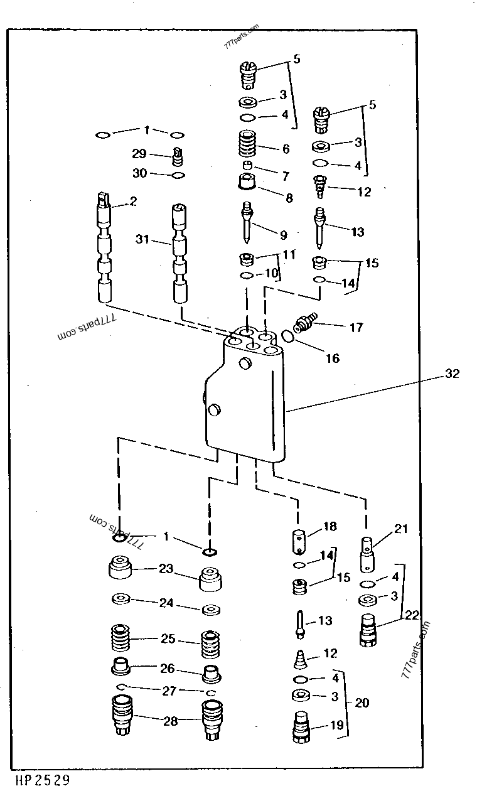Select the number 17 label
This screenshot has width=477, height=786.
click(356, 328)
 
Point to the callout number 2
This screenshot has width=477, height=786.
click(133, 202)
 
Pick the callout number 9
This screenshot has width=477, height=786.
click(283, 235)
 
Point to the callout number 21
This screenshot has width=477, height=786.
click(401, 529)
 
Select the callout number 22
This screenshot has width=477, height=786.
click(412, 616)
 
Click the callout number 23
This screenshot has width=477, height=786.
click(165, 569)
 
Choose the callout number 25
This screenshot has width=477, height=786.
click(168, 639)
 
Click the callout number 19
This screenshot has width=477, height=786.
click(337, 725)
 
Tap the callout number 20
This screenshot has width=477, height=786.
click(362, 703)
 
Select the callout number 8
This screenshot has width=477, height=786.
click(289, 198)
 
